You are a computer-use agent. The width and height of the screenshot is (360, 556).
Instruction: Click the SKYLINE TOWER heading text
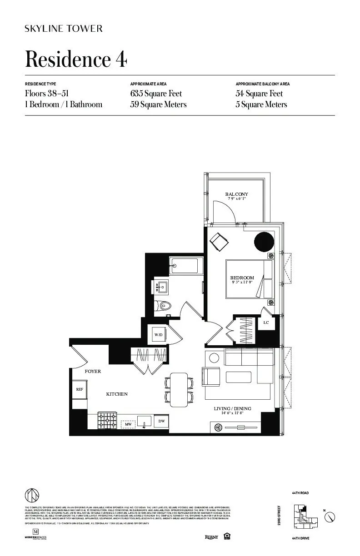coord(64,29)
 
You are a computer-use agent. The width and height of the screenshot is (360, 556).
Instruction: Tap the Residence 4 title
coord(76,60)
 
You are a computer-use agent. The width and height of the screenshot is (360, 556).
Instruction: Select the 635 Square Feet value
coord(156,94)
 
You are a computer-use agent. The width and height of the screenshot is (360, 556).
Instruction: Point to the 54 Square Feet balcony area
coord(259,94)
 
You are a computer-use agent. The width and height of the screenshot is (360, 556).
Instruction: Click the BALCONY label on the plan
coord(237,194)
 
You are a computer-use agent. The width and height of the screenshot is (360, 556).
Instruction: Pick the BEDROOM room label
coord(242,278)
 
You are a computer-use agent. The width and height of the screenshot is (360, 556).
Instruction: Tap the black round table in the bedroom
coord(264,242)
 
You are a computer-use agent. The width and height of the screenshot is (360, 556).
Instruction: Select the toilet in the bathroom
coord(162,306)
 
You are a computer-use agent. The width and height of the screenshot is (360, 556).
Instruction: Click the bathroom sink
coord(161,287)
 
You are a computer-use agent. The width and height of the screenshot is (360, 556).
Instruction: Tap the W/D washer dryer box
coord(159,335)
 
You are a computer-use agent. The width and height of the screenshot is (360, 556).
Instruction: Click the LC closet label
coord(266,323)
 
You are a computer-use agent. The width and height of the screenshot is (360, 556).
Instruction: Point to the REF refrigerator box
coord(79,389)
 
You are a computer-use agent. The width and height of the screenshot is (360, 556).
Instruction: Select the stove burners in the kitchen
coord(107,420)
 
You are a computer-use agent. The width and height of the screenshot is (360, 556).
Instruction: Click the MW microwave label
coord(128,425)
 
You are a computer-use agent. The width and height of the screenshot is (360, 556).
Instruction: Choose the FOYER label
coord(93,372)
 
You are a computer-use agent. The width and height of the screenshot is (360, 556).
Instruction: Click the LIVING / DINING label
coord(233,409)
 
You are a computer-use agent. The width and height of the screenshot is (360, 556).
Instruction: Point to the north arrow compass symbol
coord(331,516)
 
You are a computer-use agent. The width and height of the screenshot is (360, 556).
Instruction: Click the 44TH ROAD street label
coord(301,493)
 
